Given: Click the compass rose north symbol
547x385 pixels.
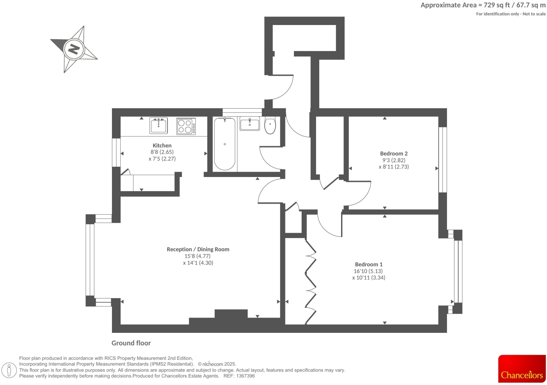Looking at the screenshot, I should point(74,49).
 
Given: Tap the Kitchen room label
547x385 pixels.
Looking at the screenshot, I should point(162,145).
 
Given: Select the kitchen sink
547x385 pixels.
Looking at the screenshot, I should point(158,126).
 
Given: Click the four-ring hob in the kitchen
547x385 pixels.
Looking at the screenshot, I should point(186,126).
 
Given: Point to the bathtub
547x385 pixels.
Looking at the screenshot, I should point(225,144).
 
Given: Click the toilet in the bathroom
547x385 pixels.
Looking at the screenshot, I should point(270,126).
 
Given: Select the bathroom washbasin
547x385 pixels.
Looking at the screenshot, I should point(250,124).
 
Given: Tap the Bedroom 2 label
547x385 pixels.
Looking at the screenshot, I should point(394,153).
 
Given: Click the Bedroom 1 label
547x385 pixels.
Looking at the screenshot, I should point(369,264).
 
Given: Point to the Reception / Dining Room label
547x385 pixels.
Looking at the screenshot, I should point(198,249).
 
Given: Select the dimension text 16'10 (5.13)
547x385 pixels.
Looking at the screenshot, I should point(368,271).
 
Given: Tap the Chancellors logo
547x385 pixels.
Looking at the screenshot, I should point(522,369).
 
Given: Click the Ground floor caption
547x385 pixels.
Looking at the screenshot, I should point(131,343).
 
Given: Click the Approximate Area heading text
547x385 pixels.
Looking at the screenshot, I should point(483,5).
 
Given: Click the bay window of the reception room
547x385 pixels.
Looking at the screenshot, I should point(90,260).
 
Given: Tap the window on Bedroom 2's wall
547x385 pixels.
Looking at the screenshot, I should point(443,160).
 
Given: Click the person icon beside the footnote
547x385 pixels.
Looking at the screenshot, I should point(10,370).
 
